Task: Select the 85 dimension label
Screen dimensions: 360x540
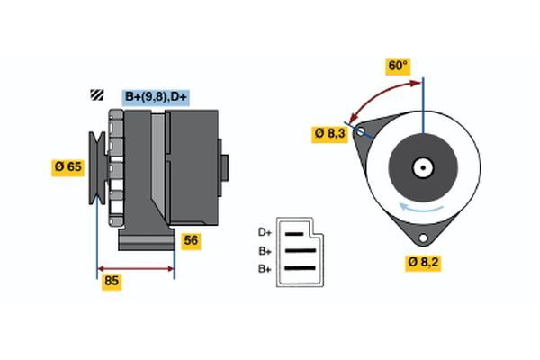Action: [112, 282]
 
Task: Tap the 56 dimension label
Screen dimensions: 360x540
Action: [190, 240]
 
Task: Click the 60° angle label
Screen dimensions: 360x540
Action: [398, 66]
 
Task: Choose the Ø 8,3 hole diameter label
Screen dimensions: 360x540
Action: [329, 133]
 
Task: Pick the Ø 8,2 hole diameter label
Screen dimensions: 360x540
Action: [422, 263]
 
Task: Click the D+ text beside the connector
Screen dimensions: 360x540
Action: [265, 233]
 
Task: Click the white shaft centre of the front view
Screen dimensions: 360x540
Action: [422, 167]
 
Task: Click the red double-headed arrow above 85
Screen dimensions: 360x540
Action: [135, 268]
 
